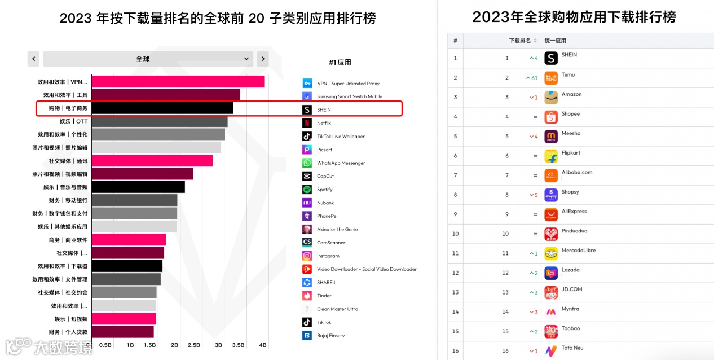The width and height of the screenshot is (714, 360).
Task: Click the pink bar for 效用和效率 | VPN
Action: coord(178,82)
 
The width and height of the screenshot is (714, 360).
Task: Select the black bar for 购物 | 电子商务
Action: coord(162,108)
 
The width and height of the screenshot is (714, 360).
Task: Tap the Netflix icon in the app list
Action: coord(307,123)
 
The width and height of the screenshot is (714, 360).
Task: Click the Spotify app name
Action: coord(324,190)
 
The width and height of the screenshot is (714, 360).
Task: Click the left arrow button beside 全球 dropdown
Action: coord(34,59)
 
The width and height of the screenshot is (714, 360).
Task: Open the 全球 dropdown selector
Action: coord(148,59)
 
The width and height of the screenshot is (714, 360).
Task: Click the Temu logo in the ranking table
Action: coord(551,78)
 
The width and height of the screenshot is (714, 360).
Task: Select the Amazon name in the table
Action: coord(571,94)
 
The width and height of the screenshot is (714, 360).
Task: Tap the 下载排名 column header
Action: coord(520,41)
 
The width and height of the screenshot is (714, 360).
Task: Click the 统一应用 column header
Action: coord(555,41)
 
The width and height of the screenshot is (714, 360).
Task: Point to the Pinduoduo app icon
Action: coord(551,234)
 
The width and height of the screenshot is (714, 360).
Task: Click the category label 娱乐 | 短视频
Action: coord(70,319)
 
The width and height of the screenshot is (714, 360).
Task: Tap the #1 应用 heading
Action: coord(340,63)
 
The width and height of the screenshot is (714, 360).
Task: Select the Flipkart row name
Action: coord(571,153)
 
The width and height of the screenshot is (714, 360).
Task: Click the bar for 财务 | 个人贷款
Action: coord(122,332)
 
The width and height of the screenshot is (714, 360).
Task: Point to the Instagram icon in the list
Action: coord(307,256)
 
